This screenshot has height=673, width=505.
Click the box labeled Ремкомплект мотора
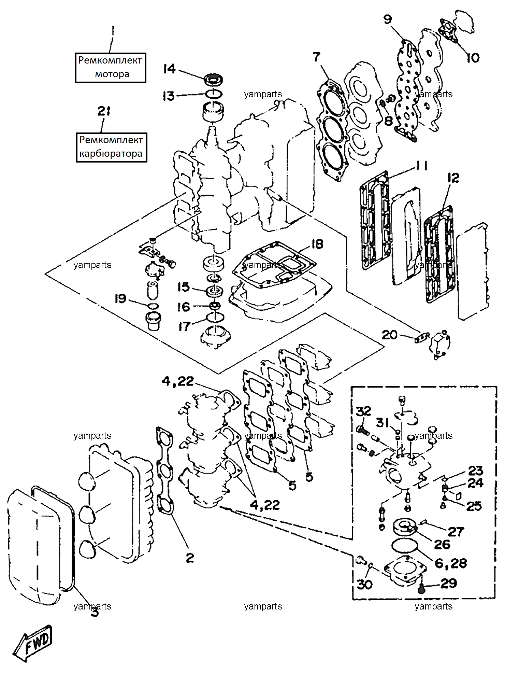(x=111, y=68)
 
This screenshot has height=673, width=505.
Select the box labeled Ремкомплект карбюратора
(x=111, y=147)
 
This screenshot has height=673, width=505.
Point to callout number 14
(x=170, y=69)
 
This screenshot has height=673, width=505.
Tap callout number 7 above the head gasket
(x=317, y=57)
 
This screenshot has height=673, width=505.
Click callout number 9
(x=388, y=19)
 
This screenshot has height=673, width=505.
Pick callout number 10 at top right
(x=473, y=58)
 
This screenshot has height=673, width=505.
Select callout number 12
(x=453, y=178)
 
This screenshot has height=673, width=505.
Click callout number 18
(x=317, y=244)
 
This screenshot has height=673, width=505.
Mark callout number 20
(x=390, y=335)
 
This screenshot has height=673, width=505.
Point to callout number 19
(x=120, y=299)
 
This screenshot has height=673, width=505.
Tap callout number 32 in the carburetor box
(x=363, y=411)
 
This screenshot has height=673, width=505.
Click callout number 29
(x=449, y=583)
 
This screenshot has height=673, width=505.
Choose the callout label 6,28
(x=451, y=563)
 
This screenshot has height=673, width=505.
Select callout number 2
(x=190, y=558)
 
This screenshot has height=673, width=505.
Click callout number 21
(x=104, y=111)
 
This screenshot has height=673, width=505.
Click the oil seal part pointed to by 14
(x=214, y=80)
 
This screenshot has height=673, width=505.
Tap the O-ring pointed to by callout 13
(x=214, y=94)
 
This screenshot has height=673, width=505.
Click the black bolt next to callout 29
(x=421, y=588)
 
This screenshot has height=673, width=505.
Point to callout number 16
(x=184, y=307)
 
